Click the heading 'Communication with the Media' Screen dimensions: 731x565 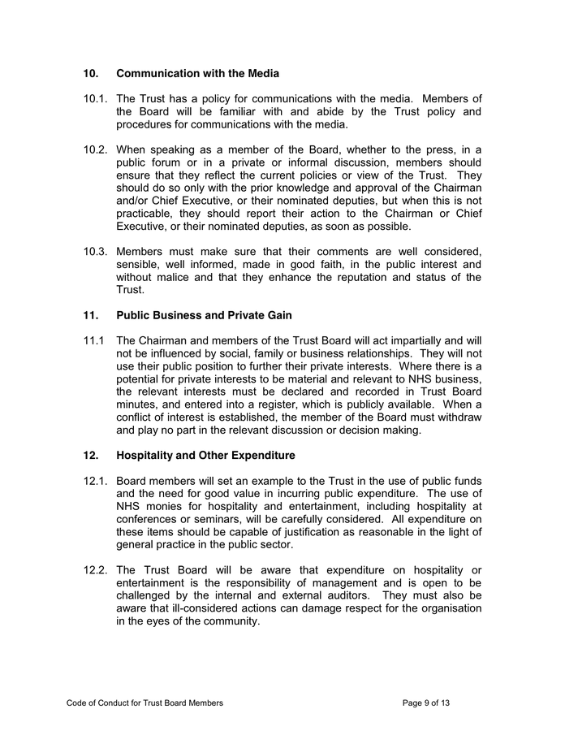(197, 74)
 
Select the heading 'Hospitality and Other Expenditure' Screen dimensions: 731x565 (205, 455)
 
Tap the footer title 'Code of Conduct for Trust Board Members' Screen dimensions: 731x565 (144, 702)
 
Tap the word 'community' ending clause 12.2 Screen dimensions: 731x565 (230, 621)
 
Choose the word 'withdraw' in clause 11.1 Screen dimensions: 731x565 (457, 417)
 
